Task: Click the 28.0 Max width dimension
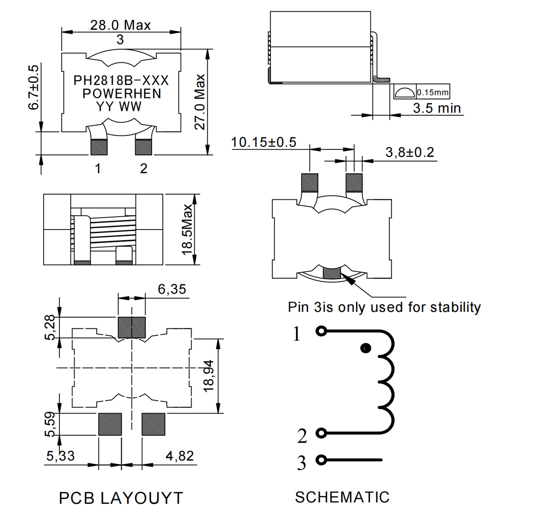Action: [x=120, y=25]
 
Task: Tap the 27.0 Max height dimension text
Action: [x=200, y=102]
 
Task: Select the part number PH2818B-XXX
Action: [x=121, y=81]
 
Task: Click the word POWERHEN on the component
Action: [x=122, y=94]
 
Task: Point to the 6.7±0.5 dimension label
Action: [x=33, y=87]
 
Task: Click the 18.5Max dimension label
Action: [x=187, y=229]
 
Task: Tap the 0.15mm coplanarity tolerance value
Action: [x=432, y=92]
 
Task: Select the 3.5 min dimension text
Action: [x=437, y=108]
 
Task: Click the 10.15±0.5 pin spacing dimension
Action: [x=264, y=142]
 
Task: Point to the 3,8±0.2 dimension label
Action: [x=409, y=152]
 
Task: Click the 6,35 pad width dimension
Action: [x=172, y=289]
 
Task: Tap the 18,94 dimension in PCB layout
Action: [x=209, y=376]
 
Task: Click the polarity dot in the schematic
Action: [x=366, y=348]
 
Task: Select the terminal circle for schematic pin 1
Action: [x=321, y=331]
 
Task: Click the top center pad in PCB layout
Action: [x=132, y=327]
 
